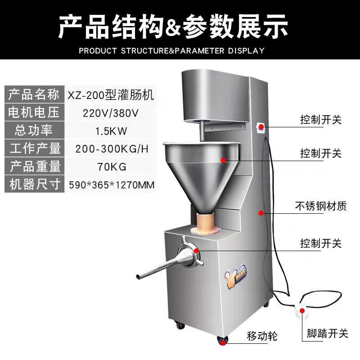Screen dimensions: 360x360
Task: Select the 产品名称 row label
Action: tap(34, 94)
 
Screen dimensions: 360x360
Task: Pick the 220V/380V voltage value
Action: tap(111, 112)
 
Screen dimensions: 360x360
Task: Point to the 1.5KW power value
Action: tap(110, 131)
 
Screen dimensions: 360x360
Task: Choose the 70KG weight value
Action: tap(111, 167)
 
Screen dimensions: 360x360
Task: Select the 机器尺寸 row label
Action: tap(34, 184)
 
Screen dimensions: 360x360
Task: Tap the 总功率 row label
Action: tap(34, 130)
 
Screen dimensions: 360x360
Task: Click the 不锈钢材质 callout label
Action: tap(321, 207)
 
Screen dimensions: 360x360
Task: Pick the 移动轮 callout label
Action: tap(262, 336)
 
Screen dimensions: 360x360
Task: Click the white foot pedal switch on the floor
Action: tap(301, 310)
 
